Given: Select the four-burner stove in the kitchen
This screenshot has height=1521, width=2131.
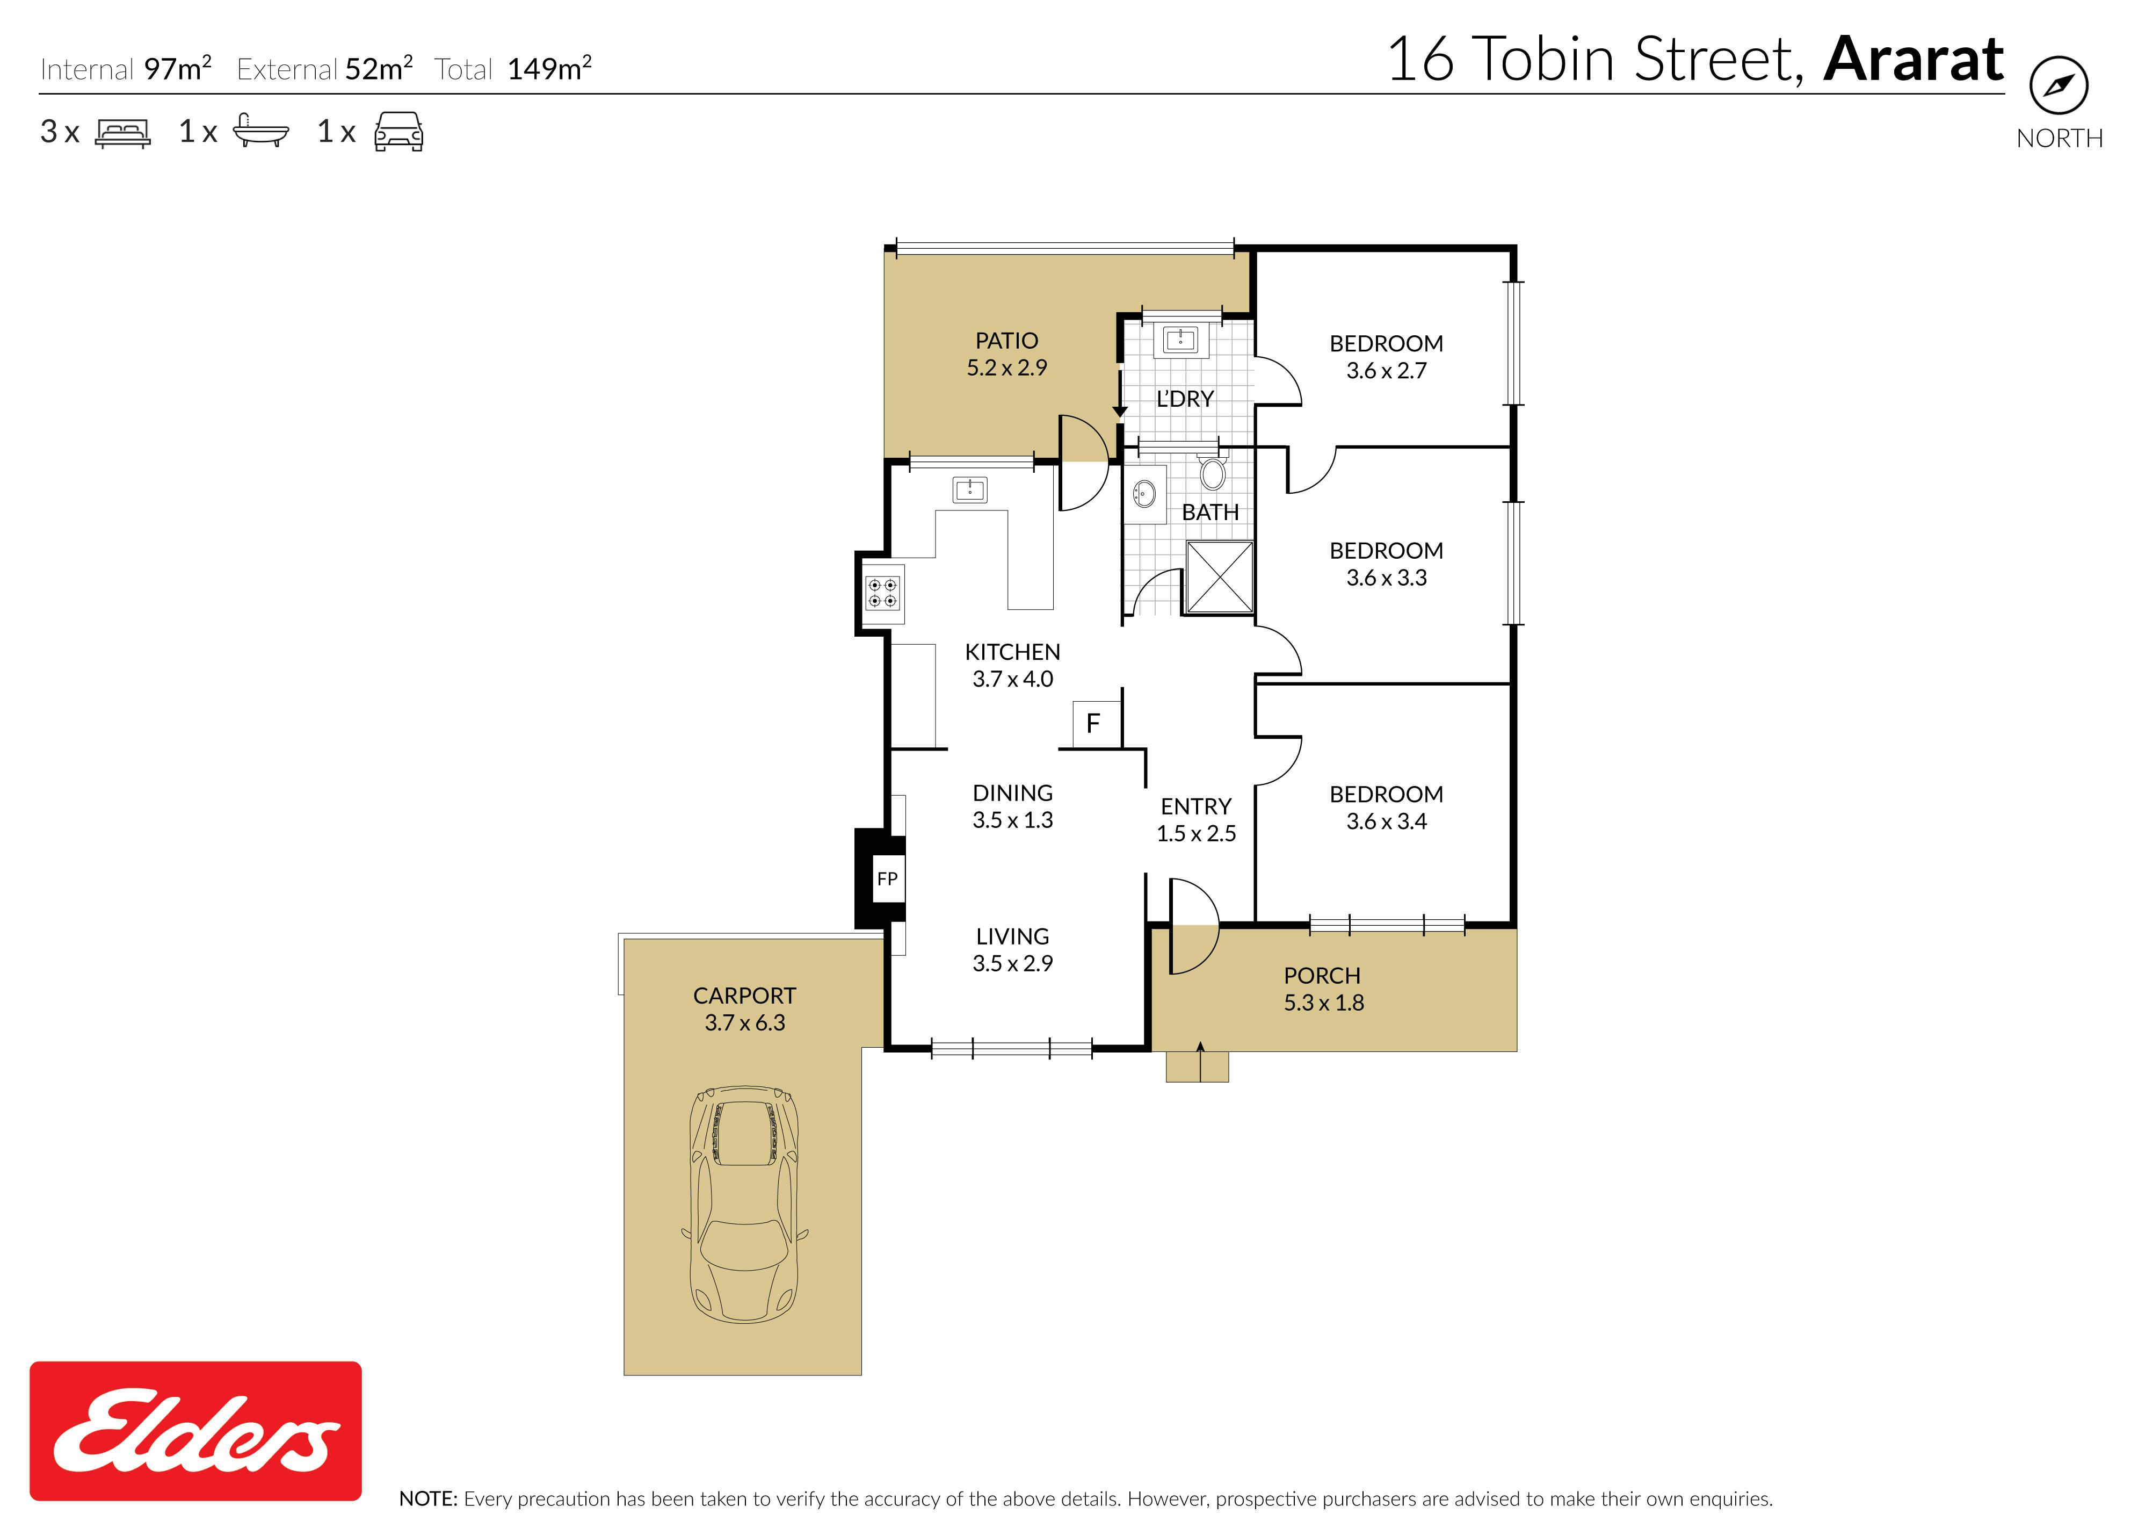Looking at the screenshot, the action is pos(883,593).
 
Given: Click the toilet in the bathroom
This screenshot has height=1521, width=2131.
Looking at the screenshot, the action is pos(1213,471).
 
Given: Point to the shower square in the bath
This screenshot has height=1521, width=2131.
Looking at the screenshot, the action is pos(1219,577).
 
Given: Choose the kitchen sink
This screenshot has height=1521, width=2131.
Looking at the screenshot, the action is pos(970,489).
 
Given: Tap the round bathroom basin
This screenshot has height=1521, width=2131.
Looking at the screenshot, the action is pos(1144,492).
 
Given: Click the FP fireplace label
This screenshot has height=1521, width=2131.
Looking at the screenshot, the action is pos(887,878).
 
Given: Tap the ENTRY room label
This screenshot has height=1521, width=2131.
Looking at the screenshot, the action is pos(1195,806).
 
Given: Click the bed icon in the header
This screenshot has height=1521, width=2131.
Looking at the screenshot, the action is pos(122,133).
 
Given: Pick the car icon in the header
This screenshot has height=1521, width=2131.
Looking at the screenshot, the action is pos(399,132).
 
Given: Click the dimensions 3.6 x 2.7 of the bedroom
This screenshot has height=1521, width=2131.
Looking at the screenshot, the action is pos(1387,371).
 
